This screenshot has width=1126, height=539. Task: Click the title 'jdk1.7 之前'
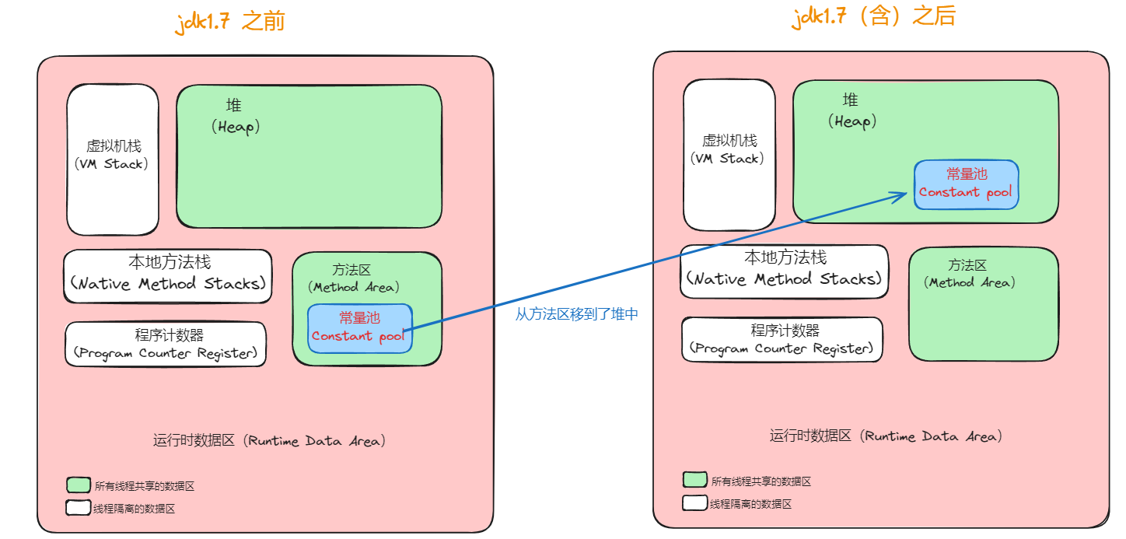click(230, 22)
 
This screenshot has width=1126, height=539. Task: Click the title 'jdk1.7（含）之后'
click(873, 16)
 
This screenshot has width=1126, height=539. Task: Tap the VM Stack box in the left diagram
click(113, 159)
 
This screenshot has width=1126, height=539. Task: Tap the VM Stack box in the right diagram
click(729, 155)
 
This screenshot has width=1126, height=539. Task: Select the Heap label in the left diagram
click(236, 116)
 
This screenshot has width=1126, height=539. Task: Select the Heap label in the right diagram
click(852, 111)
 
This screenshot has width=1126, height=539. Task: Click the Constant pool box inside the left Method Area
click(360, 328)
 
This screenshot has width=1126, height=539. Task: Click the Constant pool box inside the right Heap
click(966, 184)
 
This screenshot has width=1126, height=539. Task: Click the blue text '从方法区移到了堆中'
click(576, 314)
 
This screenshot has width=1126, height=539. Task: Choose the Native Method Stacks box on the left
click(168, 276)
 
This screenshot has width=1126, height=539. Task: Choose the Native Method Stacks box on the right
click(784, 271)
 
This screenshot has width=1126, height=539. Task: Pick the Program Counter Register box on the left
click(166, 345)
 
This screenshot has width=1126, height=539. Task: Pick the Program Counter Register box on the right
click(782, 339)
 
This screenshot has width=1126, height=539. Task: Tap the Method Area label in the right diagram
click(969, 274)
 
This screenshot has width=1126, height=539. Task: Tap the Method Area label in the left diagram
click(353, 278)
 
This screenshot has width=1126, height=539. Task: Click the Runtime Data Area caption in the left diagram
click(269, 441)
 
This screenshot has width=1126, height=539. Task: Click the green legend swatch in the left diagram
click(79, 485)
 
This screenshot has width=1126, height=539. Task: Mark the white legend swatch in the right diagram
click(694, 502)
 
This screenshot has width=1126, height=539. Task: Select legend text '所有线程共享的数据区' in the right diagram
click(761, 481)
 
